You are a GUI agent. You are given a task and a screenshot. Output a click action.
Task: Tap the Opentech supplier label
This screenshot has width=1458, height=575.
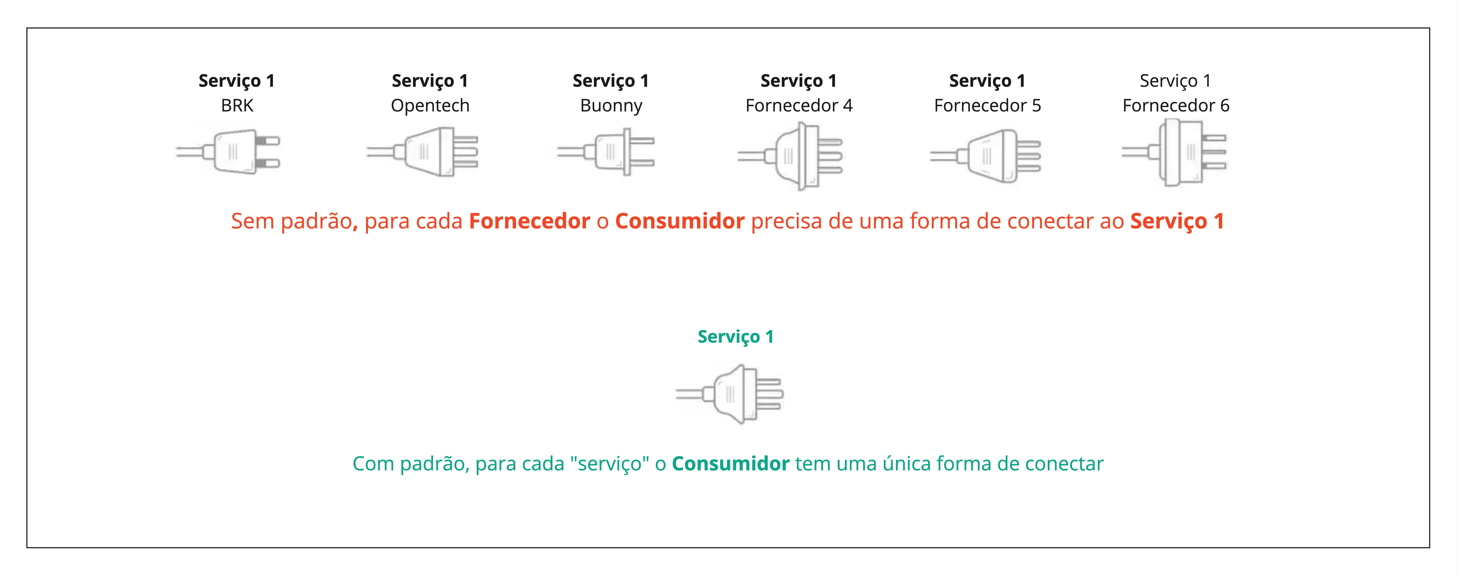430,106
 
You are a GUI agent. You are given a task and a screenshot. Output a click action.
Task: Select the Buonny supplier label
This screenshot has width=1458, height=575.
611,106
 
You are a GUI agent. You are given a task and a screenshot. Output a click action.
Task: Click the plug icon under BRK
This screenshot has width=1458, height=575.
228,152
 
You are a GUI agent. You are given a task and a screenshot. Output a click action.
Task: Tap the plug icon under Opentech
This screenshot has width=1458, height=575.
422,152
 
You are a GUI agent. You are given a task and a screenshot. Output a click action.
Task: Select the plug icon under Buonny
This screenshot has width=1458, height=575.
606,152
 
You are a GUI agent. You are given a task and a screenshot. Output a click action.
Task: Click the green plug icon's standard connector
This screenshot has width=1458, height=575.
729,394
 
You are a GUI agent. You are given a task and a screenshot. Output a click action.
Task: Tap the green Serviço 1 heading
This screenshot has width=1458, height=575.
735,337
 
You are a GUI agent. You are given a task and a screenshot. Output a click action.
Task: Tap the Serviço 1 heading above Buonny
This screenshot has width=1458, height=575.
611,81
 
